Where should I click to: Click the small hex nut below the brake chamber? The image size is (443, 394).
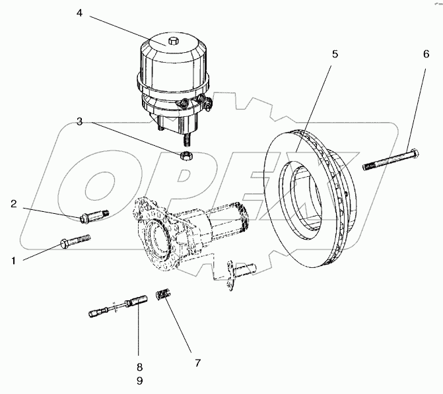(186, 156)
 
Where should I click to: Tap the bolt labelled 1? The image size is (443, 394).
(75, 242)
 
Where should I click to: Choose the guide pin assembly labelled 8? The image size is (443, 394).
(119, 307)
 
